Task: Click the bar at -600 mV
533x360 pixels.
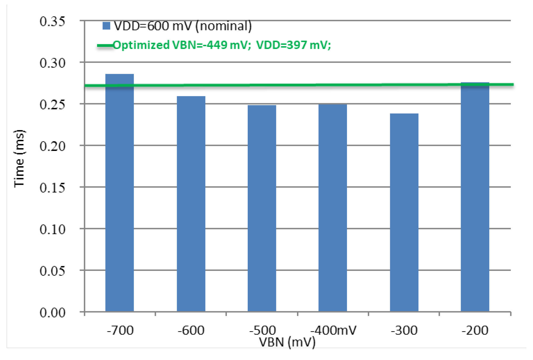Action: point(191,204)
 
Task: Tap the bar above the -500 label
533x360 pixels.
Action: point(262,208)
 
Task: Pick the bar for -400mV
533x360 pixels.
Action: point(333,208)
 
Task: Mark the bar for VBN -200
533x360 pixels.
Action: point(475,197)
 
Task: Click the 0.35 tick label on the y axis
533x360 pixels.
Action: point(52,21)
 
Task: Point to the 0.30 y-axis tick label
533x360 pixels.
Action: point(52,63)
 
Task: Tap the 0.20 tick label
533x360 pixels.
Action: point(52,146)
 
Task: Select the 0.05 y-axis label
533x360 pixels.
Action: point(52,271)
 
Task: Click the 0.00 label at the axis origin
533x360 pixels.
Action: point(52,313)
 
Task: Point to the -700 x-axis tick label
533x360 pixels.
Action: point(120,331)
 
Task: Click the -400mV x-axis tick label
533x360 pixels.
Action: point(333,331)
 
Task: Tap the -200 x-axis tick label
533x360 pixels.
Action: point(475,331)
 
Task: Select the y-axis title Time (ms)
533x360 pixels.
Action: point(19,159)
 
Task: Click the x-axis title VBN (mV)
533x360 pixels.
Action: point(287,342)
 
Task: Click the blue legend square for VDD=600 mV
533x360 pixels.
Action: point(106,26)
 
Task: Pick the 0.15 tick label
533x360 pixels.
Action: point(52,188)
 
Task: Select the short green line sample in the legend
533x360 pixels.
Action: point(105,46)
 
